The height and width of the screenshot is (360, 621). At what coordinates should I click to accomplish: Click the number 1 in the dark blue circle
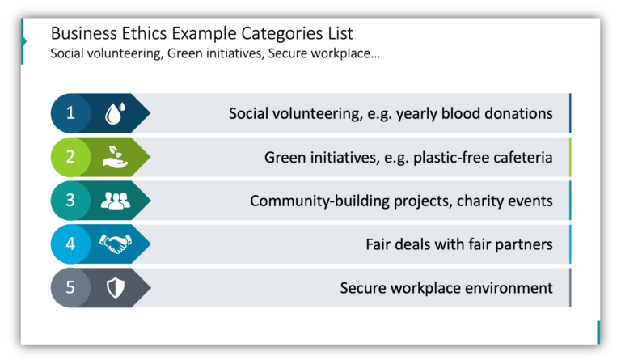click(70, 113)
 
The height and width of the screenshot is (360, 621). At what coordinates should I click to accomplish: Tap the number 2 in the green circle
click(70, 157)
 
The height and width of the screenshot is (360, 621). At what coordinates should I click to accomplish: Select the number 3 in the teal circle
click(70, 201)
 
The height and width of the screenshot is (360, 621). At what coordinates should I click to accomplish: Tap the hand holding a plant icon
click(115, 157)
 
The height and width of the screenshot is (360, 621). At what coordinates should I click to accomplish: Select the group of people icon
click(115, 201)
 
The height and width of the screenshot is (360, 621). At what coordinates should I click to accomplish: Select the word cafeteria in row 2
click(520, 157)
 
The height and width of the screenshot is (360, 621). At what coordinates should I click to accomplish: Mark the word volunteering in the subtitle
click(125, 54)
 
